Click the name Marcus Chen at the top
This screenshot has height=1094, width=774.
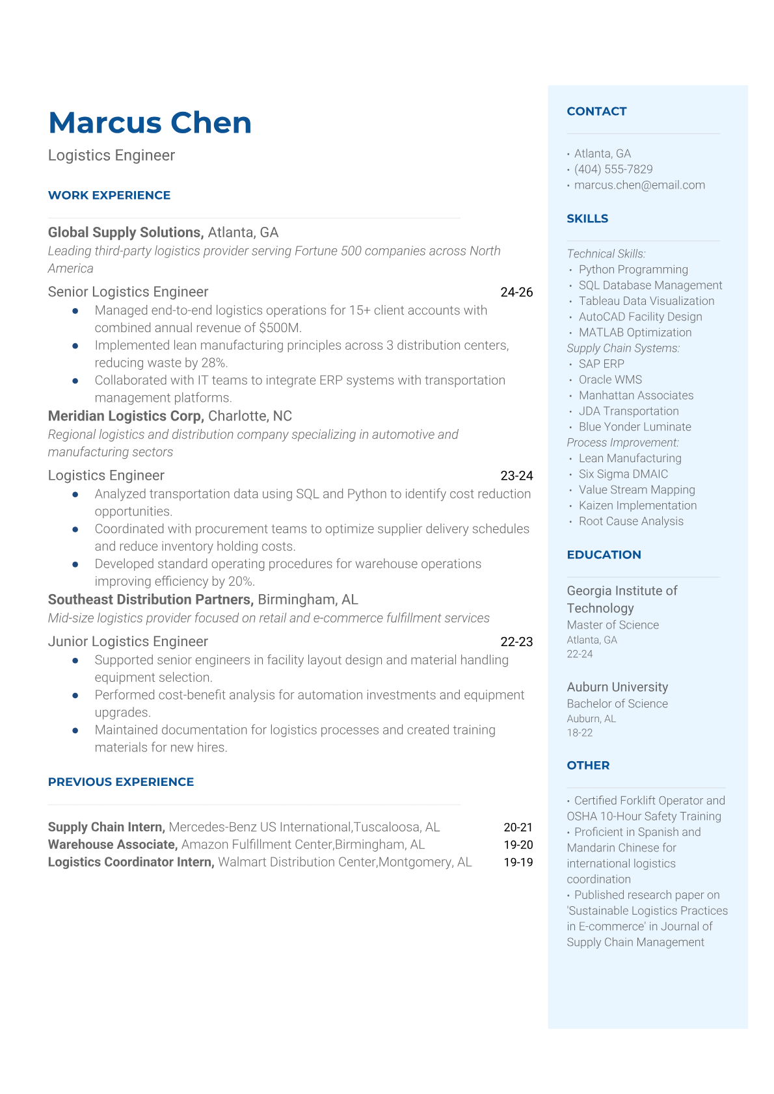pyautogui.click(x=150, y=123)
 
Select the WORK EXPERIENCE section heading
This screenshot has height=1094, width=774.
pyautogui.click(x=109, y=195)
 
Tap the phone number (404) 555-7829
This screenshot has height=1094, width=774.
pyautogui.click(x=613, y=169)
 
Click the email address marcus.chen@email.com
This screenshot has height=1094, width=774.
pyautogui.click(x=639, y=185)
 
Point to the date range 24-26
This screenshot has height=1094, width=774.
pyautogui.click(x=516, y=293)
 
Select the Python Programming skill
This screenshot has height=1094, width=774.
pyautogui.click(x=633, y=270)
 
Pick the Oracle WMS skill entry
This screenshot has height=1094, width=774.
pyautogui.click(x=610, y=380)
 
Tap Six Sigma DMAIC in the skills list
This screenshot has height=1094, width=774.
pyautogui.click(x=623, y=474)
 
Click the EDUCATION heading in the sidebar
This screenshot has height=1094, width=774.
pyautogui.click(x=604, y=554)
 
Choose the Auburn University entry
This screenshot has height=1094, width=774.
pyautogui.click(x=617, y=687)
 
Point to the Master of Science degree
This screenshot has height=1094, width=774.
pyautogui.click(x=613, y=625)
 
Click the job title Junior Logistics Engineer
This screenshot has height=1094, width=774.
pyautogui.click(x=128, y=642)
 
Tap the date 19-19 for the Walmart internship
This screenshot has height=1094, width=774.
pyautogui.click(x=518, y=863)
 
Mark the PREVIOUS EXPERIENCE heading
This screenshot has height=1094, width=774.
pyautogui.click(x=121, y=782)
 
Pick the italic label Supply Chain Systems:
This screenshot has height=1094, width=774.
pyautogui.click(x=623, y=348)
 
